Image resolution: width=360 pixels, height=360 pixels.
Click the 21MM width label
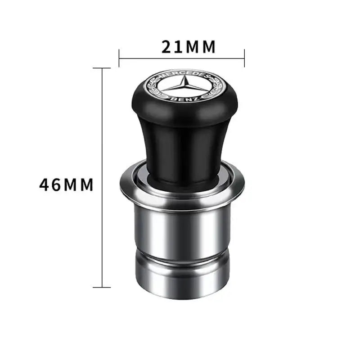pos(189,47)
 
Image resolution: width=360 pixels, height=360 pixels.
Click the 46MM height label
pos(66,184)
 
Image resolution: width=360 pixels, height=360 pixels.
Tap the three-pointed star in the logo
pos(182,86)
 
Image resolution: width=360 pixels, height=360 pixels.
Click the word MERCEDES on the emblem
pos(182,74)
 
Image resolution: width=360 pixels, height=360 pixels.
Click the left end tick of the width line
pos(119,57)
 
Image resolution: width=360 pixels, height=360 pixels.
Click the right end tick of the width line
pos(244,57)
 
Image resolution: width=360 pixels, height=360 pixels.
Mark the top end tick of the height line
pos(103,68)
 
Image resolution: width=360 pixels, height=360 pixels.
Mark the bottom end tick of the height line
pos(103,287)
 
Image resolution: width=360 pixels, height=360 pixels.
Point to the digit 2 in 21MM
pos(167,47)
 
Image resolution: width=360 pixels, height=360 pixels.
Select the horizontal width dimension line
pos(148,58)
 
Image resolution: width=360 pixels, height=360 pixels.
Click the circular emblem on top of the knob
pos(182,86)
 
